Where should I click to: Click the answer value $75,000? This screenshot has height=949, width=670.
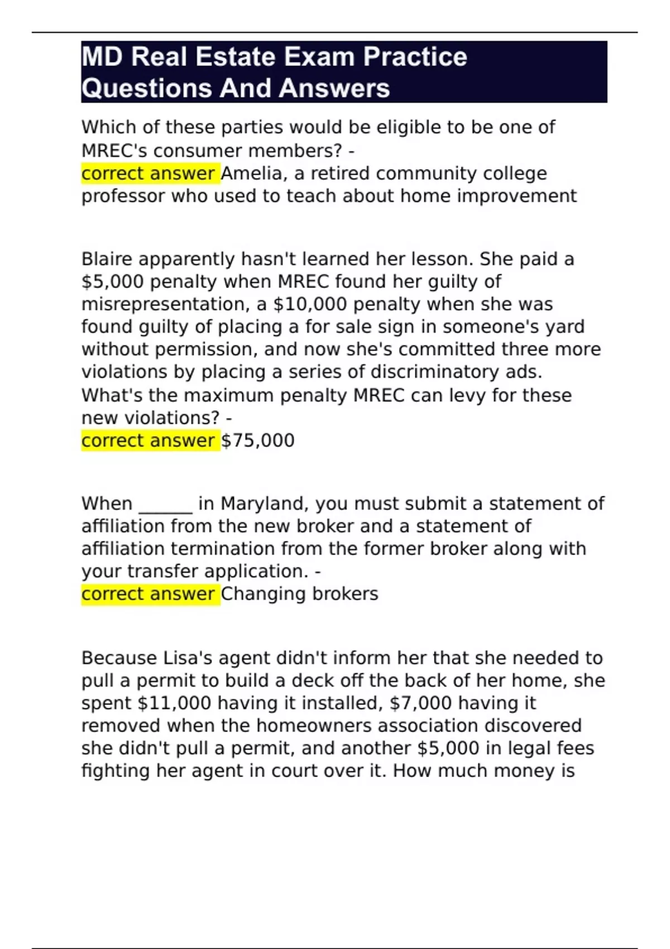click(258, 440)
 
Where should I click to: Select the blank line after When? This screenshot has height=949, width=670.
click(165, 504)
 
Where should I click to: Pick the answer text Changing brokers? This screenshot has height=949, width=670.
click(300, 593)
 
